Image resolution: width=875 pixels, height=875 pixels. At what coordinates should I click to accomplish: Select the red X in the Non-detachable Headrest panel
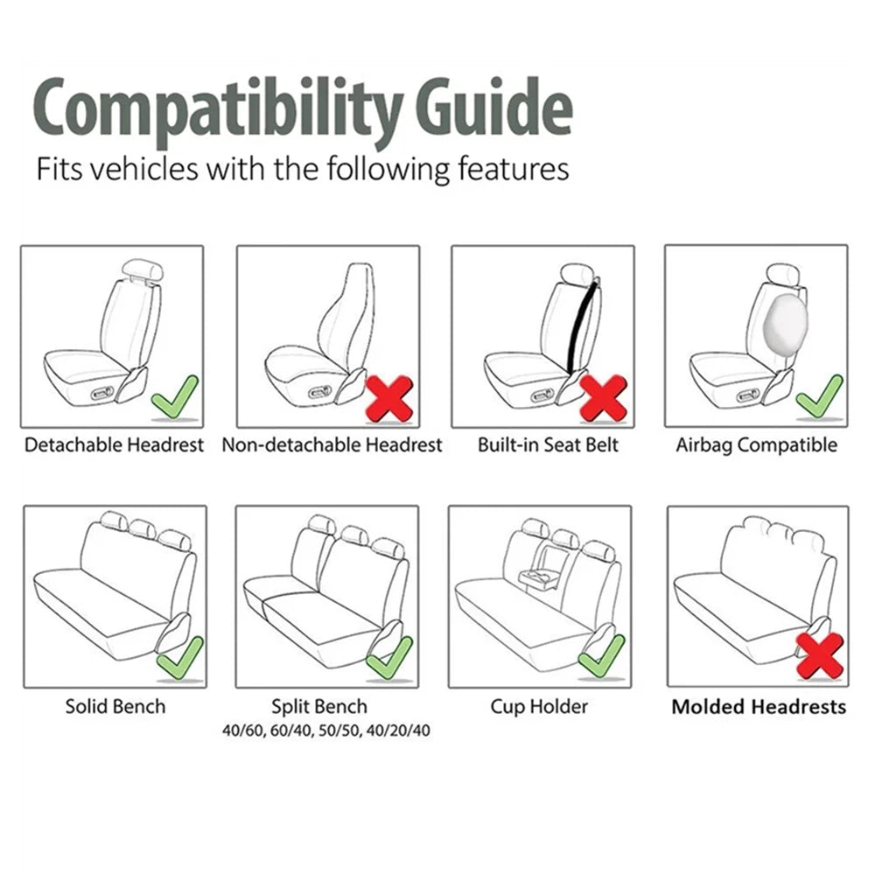click(388, 399)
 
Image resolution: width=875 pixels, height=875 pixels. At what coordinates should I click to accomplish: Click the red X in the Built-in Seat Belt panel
click(603, 399)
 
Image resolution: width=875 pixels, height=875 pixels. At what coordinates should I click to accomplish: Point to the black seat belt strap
click(582, 323)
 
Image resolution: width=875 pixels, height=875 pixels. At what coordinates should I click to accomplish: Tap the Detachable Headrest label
click(114, 444)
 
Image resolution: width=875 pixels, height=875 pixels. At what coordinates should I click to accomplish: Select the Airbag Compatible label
click(756, 444)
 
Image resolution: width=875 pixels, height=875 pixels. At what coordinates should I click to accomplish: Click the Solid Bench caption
click(115, 705)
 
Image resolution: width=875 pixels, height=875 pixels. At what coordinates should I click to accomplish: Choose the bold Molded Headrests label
click(759, 706)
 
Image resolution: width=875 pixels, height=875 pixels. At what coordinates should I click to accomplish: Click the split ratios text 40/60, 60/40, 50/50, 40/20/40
click(325, 728)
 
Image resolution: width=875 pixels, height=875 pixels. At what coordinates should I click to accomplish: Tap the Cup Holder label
click(539, 705)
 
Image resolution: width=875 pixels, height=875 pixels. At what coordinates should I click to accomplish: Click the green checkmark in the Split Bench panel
click(389, 658)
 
